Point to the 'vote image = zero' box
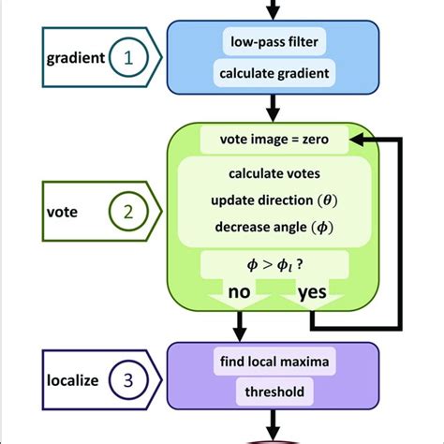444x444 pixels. [x=274, y=141]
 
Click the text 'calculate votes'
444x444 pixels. [x=274, y=173]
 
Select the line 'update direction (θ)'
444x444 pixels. [x=274, y=200]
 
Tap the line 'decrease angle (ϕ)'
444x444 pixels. [x=274, y=227]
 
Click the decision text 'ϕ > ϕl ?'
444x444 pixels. [x=274, y=263]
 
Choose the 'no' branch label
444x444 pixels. [x=240, y=293]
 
